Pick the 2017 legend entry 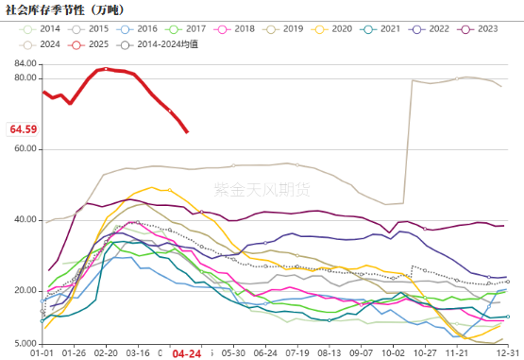pos(194,29)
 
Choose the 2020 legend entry pos(334,29)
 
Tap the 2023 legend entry pos(476,29)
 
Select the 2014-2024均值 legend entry pos(161,44)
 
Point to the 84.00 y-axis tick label pos(25,63)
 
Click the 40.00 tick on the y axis pos(25,219)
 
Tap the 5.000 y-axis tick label pos(25,342)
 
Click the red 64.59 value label pos(23,129)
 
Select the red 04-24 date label pos(185,354)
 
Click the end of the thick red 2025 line pos(187,131)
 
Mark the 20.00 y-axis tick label pos(25,290)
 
